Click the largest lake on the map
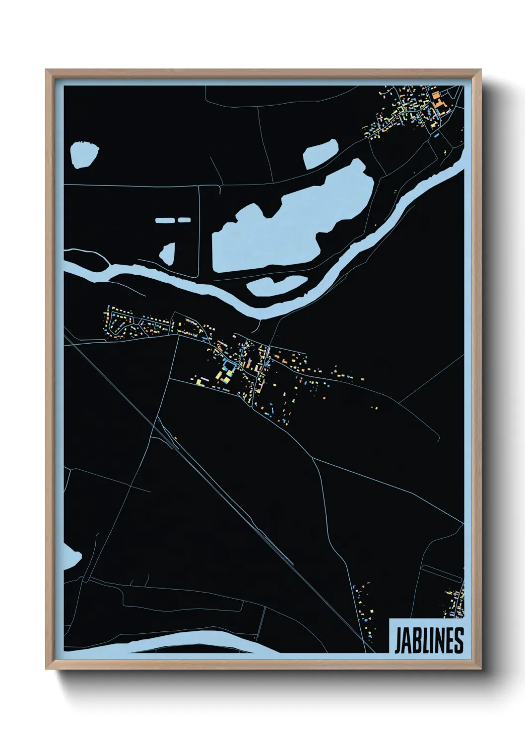[293, 218]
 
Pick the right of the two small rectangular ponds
[184, 219]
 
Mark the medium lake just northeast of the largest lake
[321, 153]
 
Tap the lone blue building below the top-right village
[436, 134]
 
